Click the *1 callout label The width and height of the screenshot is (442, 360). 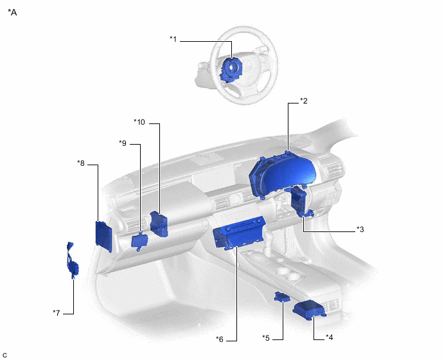coord(173,39)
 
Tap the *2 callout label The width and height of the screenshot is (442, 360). coord(304,100)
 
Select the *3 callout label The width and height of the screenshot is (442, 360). coord(360,229)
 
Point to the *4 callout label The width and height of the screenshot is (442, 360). coord(329,337)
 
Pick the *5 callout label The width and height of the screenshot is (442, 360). coord(266,337)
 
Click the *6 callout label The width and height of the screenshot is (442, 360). coord(220,339)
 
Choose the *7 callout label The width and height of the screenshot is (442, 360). coord(57,312)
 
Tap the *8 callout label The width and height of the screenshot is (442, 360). coord(81,163)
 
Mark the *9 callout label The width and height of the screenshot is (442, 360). coord(123,143)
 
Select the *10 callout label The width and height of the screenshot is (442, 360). coord(139,122)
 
